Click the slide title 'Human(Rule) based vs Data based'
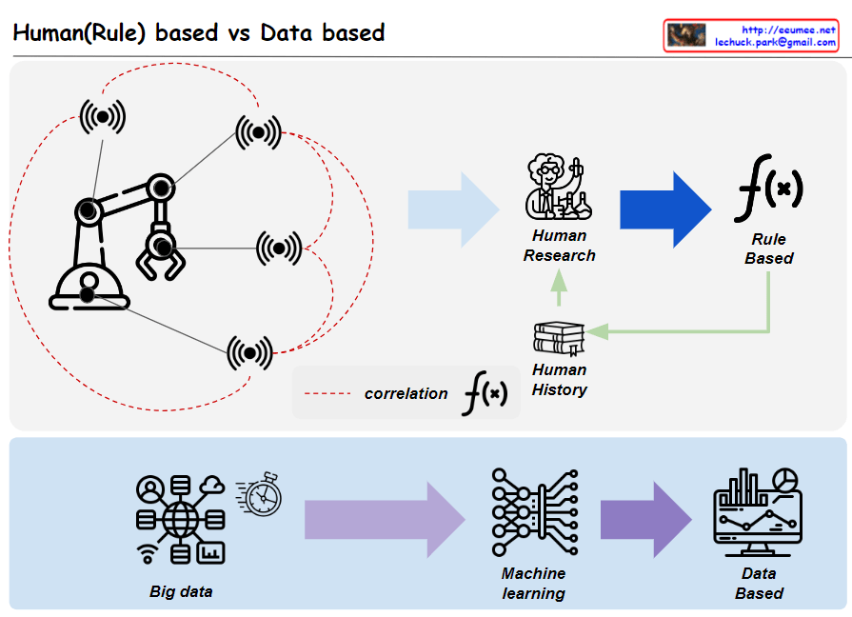(198, 32)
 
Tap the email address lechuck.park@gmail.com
(775, 43)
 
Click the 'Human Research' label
(560, 246)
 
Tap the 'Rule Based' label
(768, 249)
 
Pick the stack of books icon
(559, 338)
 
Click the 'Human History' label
(560, 379)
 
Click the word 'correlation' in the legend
(406, 393)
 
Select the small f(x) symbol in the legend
(485, 393)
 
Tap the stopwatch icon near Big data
(260, 491)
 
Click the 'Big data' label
(181, 591)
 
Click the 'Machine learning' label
(533, 584)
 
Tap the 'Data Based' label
(759, 583)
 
